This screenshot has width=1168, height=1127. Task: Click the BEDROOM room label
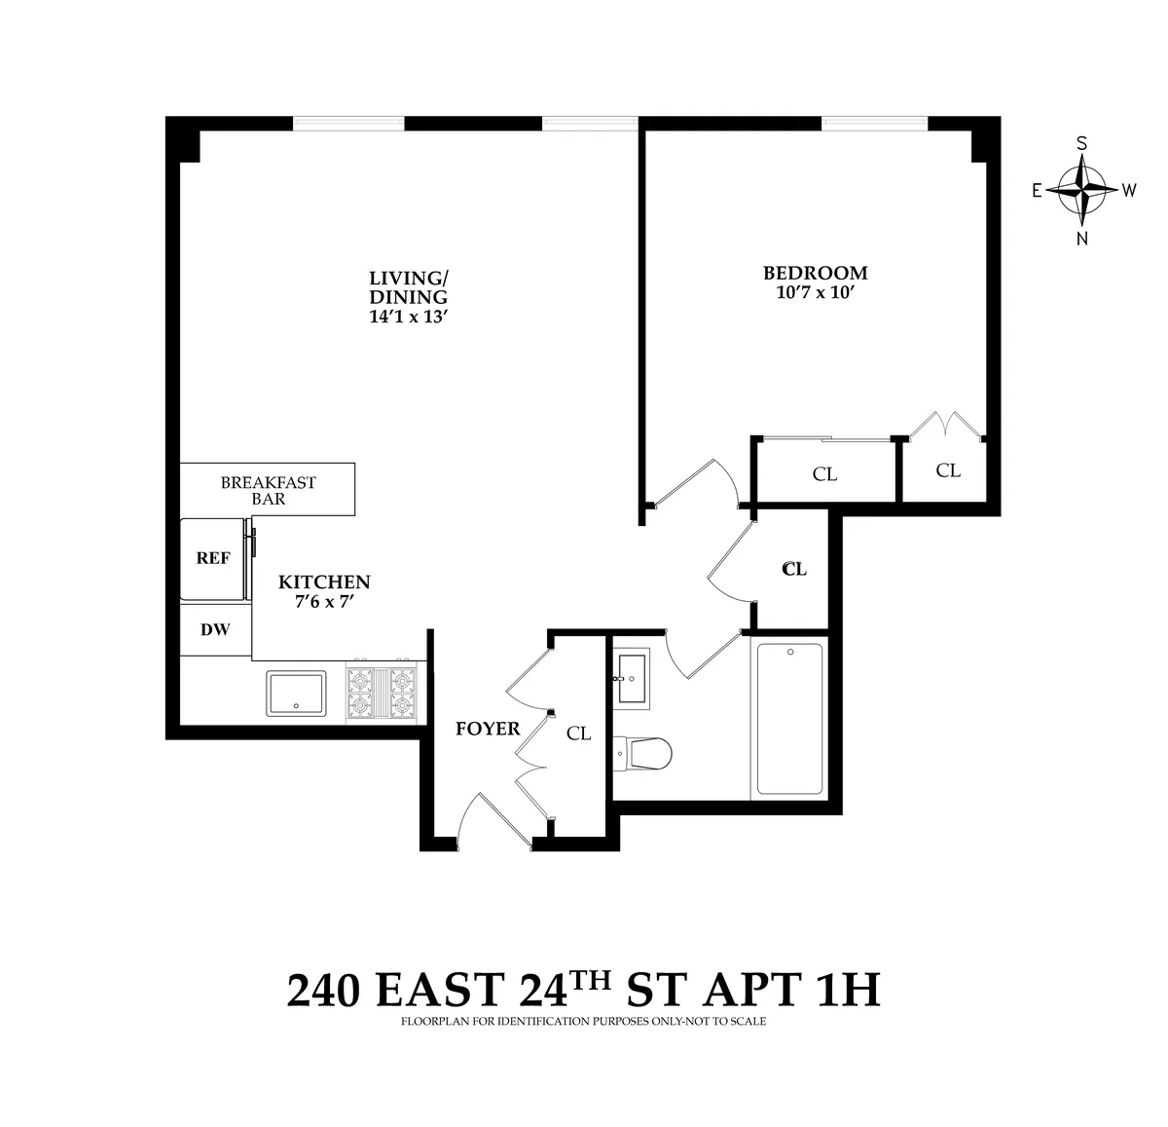pos(815,273)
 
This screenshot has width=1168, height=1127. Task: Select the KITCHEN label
pos(324,582)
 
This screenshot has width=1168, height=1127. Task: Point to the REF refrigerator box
pos(213,559)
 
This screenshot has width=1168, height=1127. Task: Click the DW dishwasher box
pos(215,630)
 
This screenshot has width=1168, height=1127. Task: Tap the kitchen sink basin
pos(296,693)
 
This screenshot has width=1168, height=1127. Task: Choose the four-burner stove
pos(383,693)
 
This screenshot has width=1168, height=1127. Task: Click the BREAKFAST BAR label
pos(269,490)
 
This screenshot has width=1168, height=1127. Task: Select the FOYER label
pos(488,729)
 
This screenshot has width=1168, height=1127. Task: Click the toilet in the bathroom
pos(644,752)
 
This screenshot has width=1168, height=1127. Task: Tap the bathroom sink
pos(636,676)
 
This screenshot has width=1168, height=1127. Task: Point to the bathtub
pos(789,719)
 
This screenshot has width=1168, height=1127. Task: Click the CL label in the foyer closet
pos(578,733)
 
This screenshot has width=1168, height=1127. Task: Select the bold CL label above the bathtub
pos(794,569)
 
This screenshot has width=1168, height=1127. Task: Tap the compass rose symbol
pos(1081,190)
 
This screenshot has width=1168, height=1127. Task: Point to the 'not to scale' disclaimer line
pos(584,1022)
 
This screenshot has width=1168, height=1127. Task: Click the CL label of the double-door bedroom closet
pos(948,470)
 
